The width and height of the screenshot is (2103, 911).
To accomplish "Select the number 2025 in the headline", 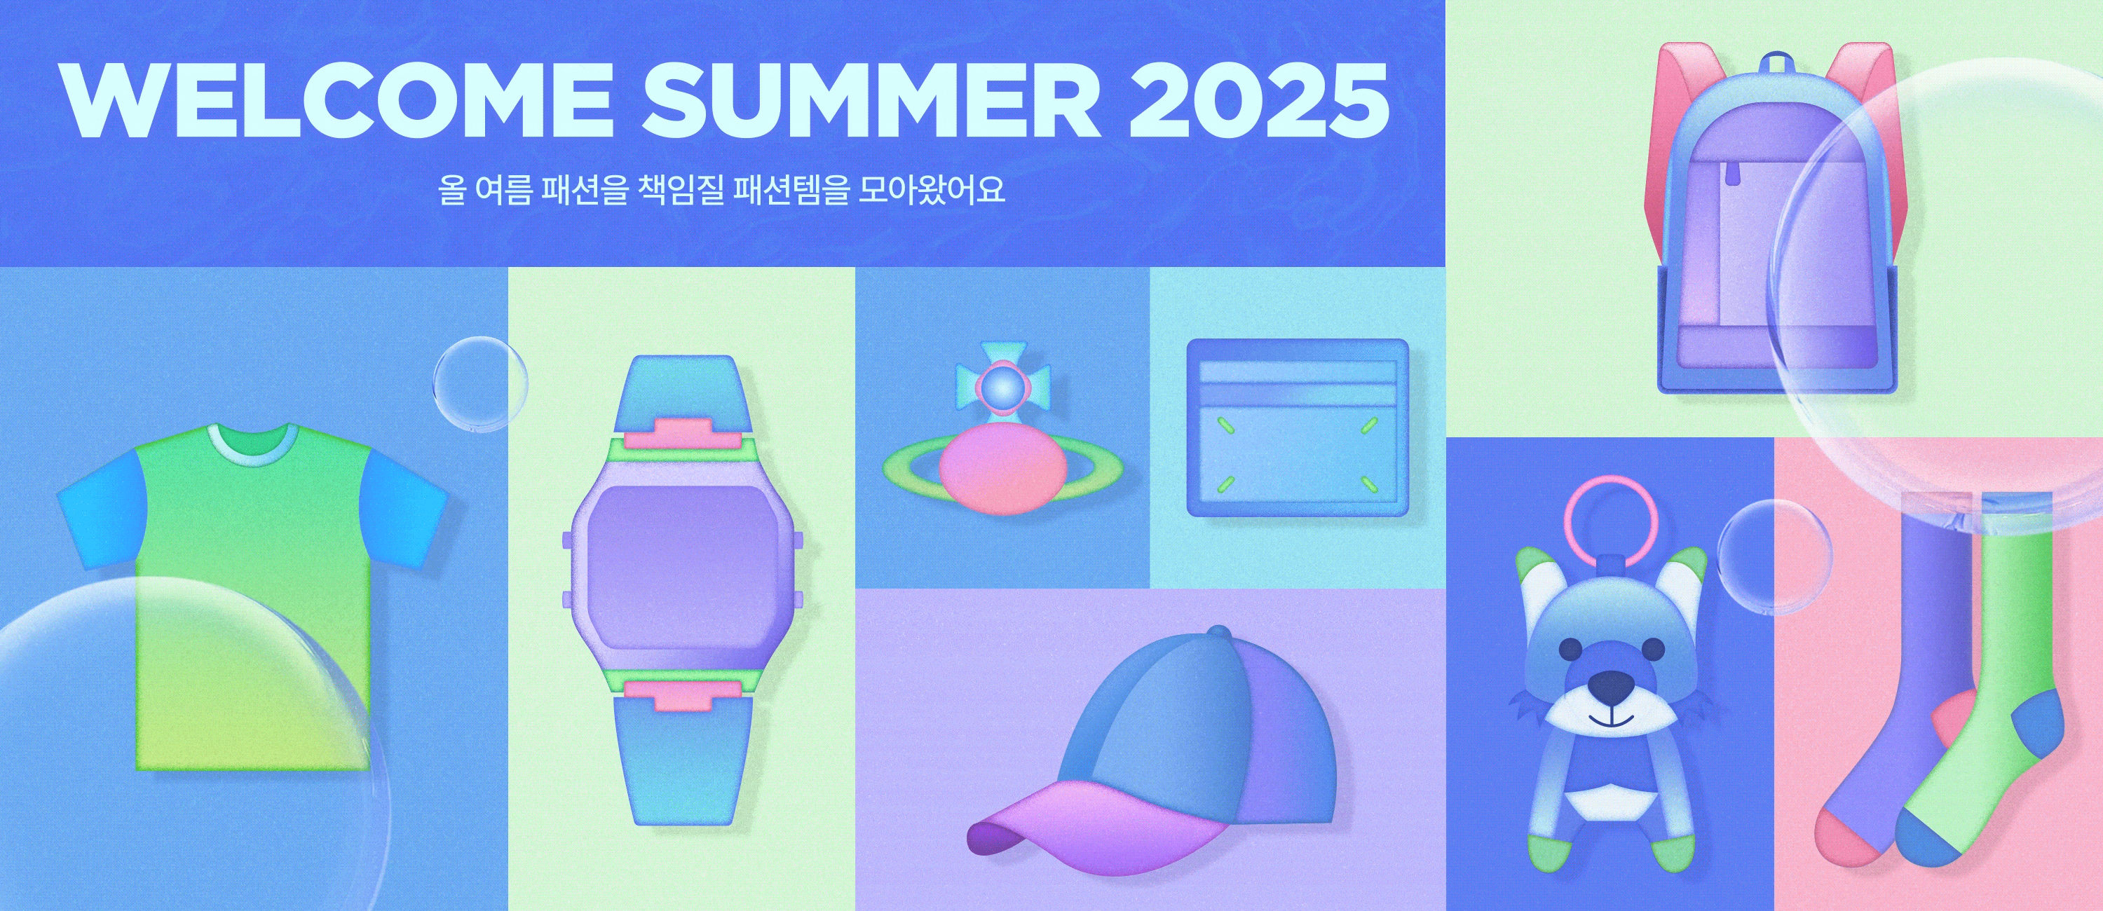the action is click(x=1259, y=100).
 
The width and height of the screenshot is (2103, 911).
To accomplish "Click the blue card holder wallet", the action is click(x=1298, y=427).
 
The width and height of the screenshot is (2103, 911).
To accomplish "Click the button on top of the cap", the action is click(x=1218, y=633).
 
